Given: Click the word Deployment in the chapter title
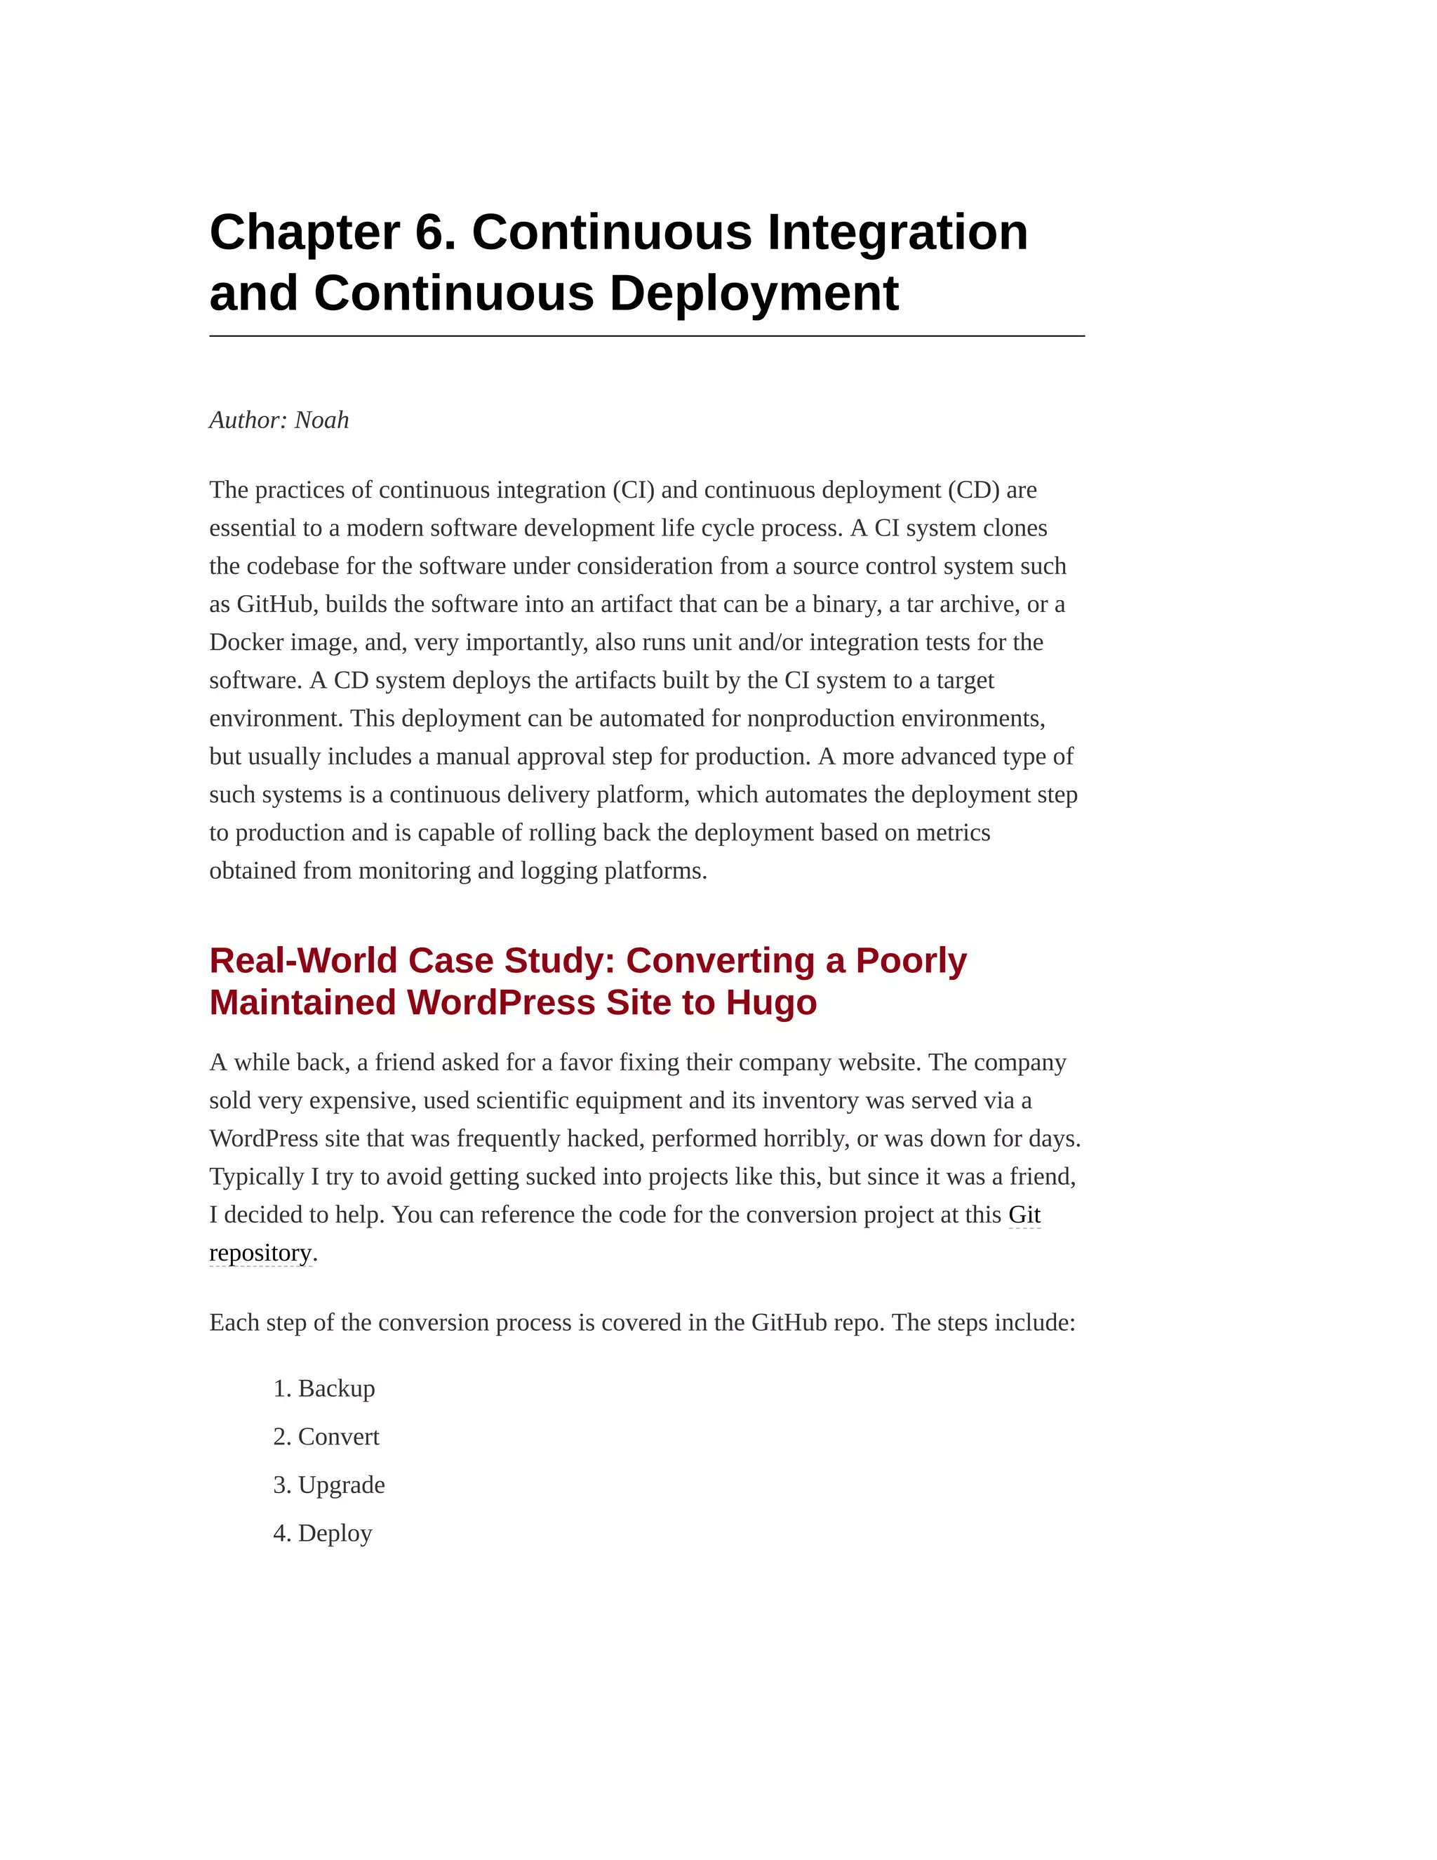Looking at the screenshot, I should point(754,294).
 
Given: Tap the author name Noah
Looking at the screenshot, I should point(322,420).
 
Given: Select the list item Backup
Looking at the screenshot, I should point(336,1388).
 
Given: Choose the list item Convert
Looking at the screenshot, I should point(338,1437).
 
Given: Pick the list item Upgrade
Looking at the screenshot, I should point(342,1485).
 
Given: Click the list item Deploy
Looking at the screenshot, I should point(335,1533).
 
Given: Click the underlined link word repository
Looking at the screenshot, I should point(260,1253).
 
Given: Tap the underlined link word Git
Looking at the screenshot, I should point(1024,1214).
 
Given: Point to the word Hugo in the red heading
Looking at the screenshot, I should point(771,1002).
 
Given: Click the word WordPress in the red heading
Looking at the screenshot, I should point(502,1002).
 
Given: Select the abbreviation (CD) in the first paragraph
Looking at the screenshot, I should point(973,490).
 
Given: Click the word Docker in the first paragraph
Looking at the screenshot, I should point(246,642).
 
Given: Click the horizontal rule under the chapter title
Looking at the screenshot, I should point(647,336).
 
